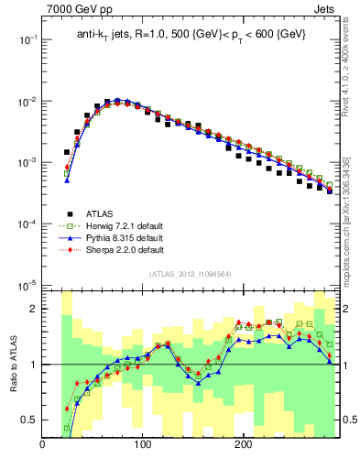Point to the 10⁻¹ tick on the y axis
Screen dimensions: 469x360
(x=27, y=39)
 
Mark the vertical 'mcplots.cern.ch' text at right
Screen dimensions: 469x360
(x=346, y=229)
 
